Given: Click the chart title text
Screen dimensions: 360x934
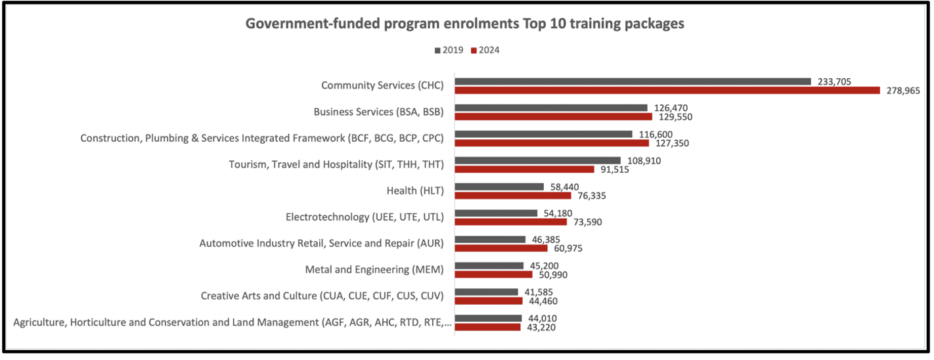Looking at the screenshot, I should pyautogui.click(x=465, y=24).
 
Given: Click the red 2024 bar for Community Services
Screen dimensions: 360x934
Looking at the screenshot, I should pyautogui.click(x=667, y=91).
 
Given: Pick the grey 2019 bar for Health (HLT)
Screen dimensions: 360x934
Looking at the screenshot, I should pyautogui.click(x=499, y=187).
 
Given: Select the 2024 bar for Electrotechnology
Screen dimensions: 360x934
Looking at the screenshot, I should pyautogui.click(x=510, y=222).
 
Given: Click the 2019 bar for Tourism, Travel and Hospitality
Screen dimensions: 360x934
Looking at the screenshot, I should pyautogui.click(x=537, y=160).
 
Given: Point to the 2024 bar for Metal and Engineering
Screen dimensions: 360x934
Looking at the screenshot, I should pyautogui.click(x=493, y=275).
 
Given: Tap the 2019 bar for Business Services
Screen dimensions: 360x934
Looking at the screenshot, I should pyautogui.click(x=551, y=108).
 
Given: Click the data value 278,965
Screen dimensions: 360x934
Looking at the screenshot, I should pyautogui.click(x=902, y=91).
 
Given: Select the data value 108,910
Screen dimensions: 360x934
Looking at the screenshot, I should pyautogui.click(x=643, y=160).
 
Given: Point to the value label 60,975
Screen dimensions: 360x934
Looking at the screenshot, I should pyautogui.click(x=569, y=248).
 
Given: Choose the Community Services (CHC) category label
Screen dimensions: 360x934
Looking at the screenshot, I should pyautogui.click(x=382, y=85).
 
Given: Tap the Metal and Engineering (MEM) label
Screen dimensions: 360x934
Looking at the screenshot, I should pyautogui.click(x=374, y=269).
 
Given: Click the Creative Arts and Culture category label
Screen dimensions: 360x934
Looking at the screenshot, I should pyautogui.click(x=322, y=296).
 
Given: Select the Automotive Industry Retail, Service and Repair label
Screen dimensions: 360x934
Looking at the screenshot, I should pyautogui.click(x=321, y=243).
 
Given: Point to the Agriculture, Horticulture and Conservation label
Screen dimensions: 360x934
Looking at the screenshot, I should pyautogui.click(x=232, y=322).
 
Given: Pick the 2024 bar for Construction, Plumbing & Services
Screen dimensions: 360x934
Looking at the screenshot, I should pyautogui.click(x=552, y=143).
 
